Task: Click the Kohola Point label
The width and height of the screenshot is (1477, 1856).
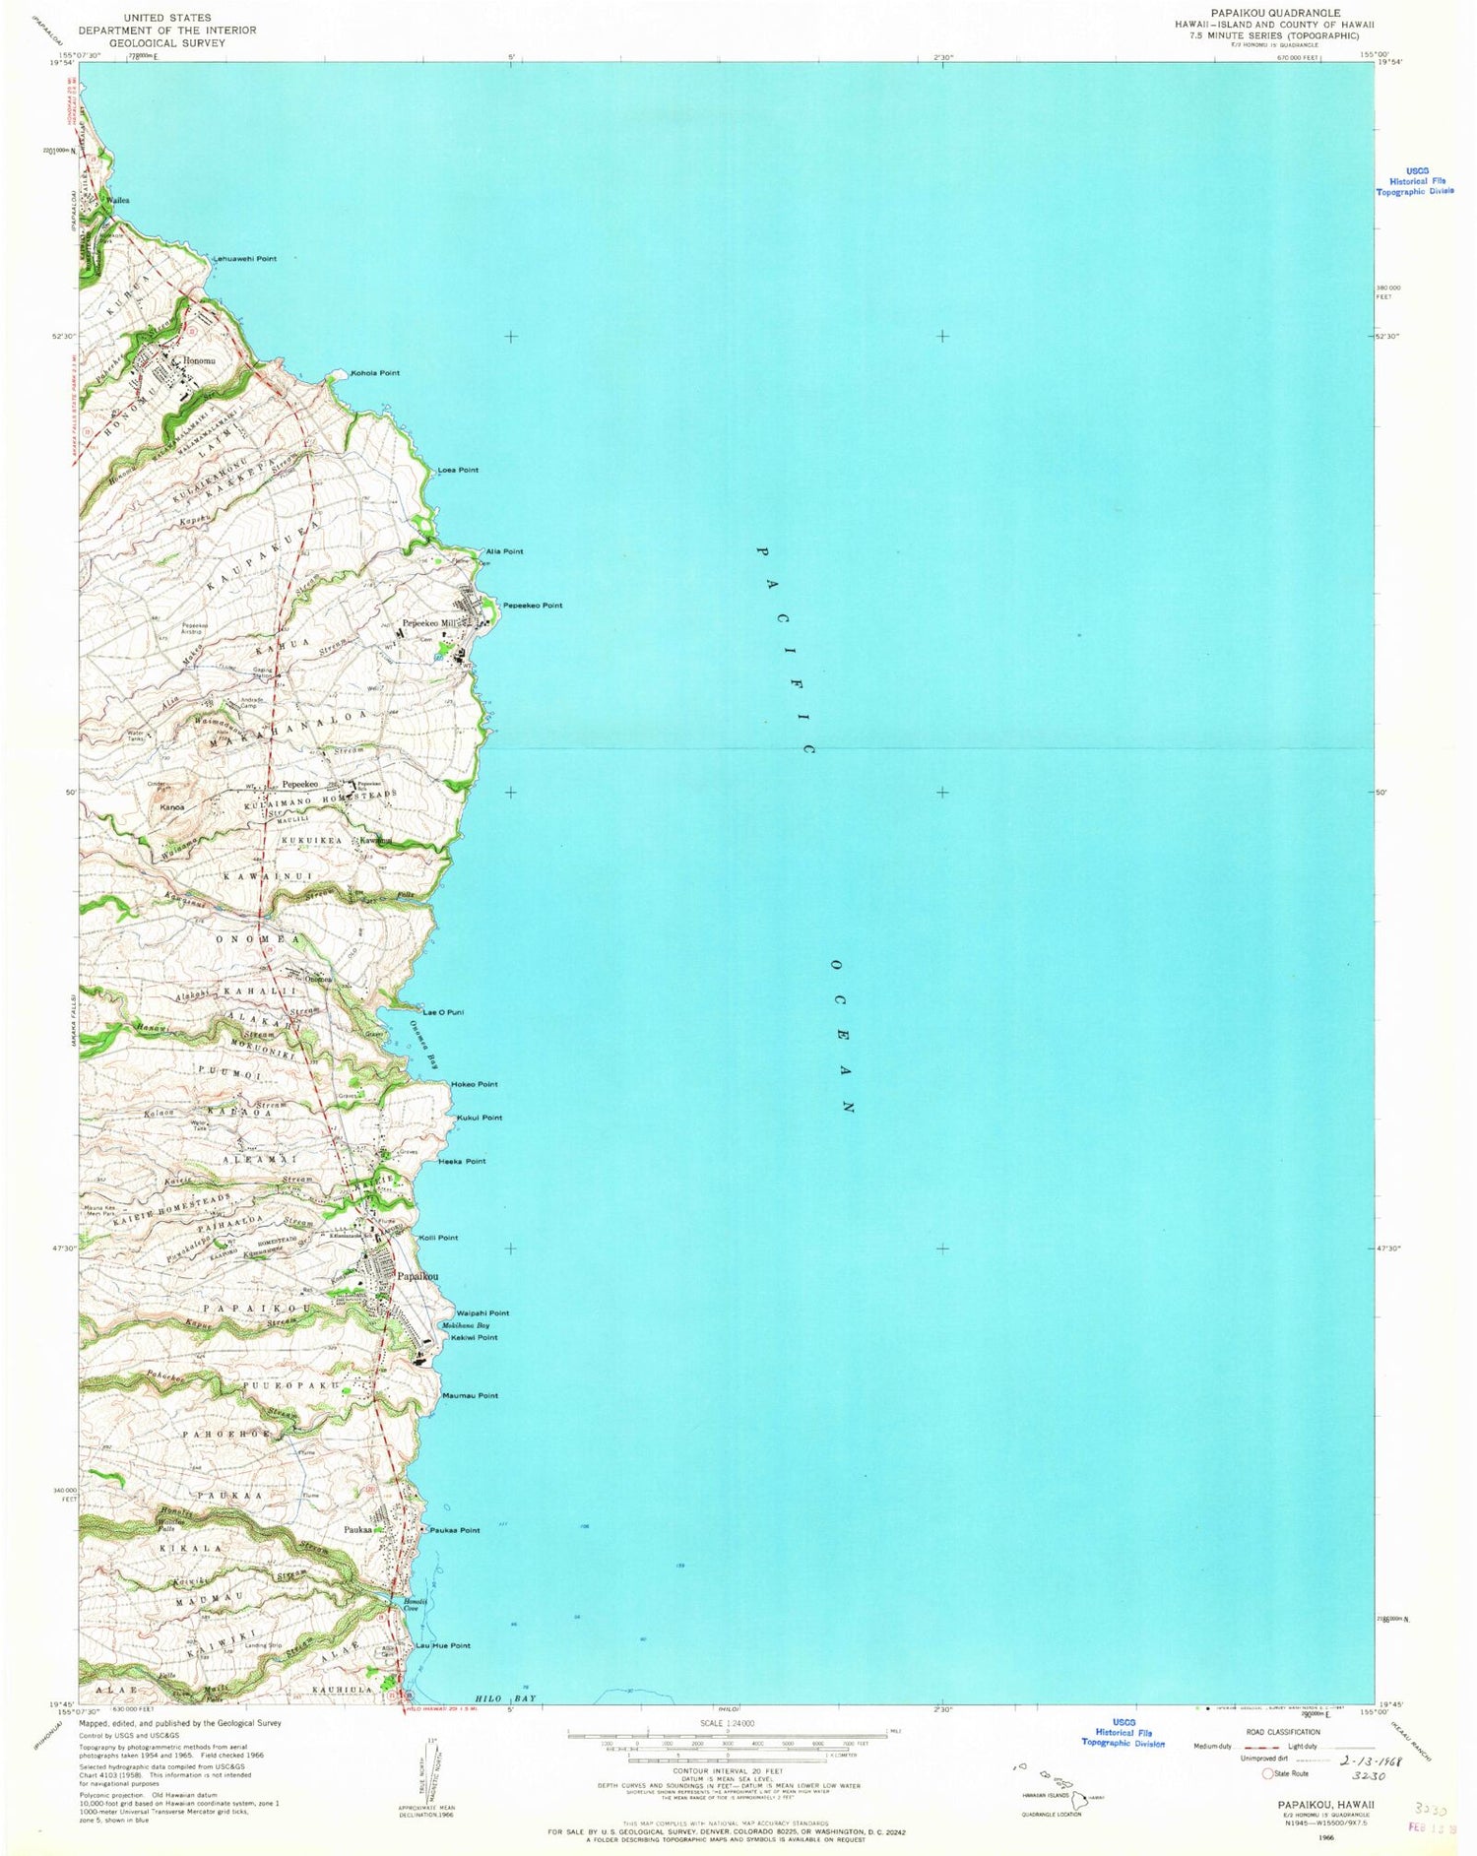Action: [x=376, y=373]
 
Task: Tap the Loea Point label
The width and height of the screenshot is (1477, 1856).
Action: [x=458, y=470]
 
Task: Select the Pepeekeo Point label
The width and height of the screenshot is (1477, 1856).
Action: [x=533, y=605]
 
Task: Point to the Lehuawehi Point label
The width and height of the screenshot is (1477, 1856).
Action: [x=245, y=259]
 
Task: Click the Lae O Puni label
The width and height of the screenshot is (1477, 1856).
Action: [x=443, y=1012]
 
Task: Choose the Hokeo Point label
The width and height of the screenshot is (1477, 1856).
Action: [x=475, y=1084]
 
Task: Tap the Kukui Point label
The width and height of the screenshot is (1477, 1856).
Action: [x=480, y=1118]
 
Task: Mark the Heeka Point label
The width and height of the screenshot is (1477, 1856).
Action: [x=462, y=1161]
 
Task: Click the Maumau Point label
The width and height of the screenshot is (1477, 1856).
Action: [x=470, y=1395]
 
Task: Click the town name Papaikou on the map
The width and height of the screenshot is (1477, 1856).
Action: [x=417, y=1276]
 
